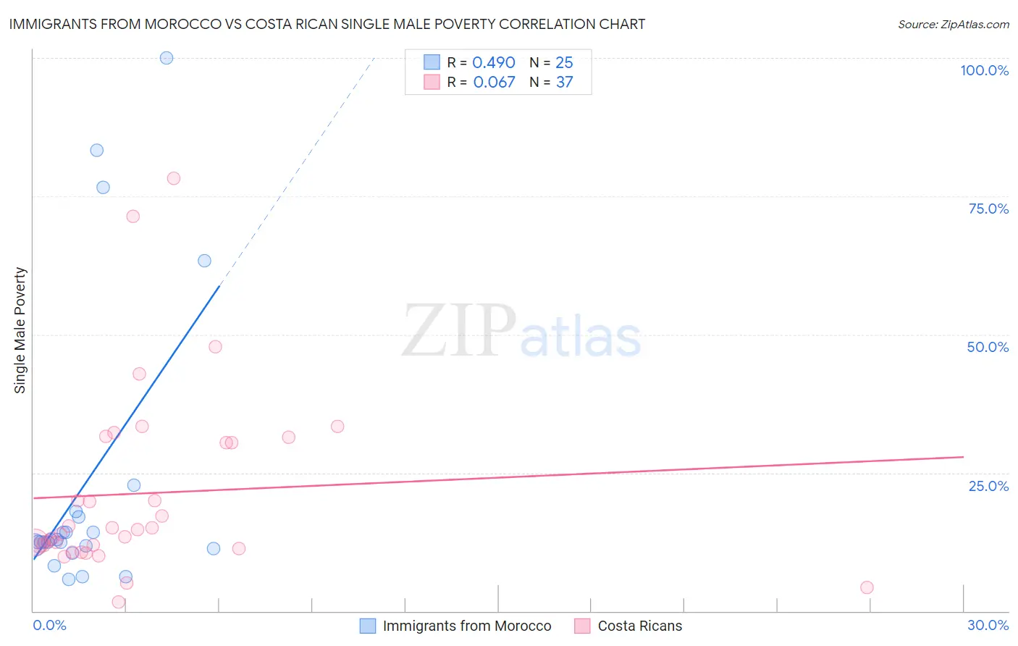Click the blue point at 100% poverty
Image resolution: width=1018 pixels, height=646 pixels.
tap(167, 58)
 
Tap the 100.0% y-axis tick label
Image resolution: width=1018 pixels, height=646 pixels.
tap(984, 70)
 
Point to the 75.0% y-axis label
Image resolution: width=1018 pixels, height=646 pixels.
tap(988, 209)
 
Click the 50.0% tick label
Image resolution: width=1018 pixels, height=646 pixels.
tap(988, 347)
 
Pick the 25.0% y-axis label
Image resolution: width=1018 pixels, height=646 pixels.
tap(988, 485)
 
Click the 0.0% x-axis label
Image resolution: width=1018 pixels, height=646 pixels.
tap(49, 625)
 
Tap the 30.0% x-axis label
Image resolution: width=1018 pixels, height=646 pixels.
tap(988, 625)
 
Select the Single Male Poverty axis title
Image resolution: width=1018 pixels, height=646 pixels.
tap(20, 330)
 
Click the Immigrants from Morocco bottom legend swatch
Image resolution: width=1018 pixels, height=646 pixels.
tap(368, 626)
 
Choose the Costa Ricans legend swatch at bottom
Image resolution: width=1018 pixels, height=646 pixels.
tap(582, 626)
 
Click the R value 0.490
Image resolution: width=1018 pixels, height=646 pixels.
tap(494, 63)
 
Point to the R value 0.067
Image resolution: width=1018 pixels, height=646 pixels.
tap(494, 83)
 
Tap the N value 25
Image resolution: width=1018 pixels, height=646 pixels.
tap(564, 63)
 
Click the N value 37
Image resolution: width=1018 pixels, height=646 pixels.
tap(564, 83)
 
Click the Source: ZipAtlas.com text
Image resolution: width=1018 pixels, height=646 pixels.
tap(953, 25)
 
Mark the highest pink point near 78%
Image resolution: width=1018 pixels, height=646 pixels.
tap(174, 178)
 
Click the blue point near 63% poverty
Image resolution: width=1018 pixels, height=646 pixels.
tap(205, 261)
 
